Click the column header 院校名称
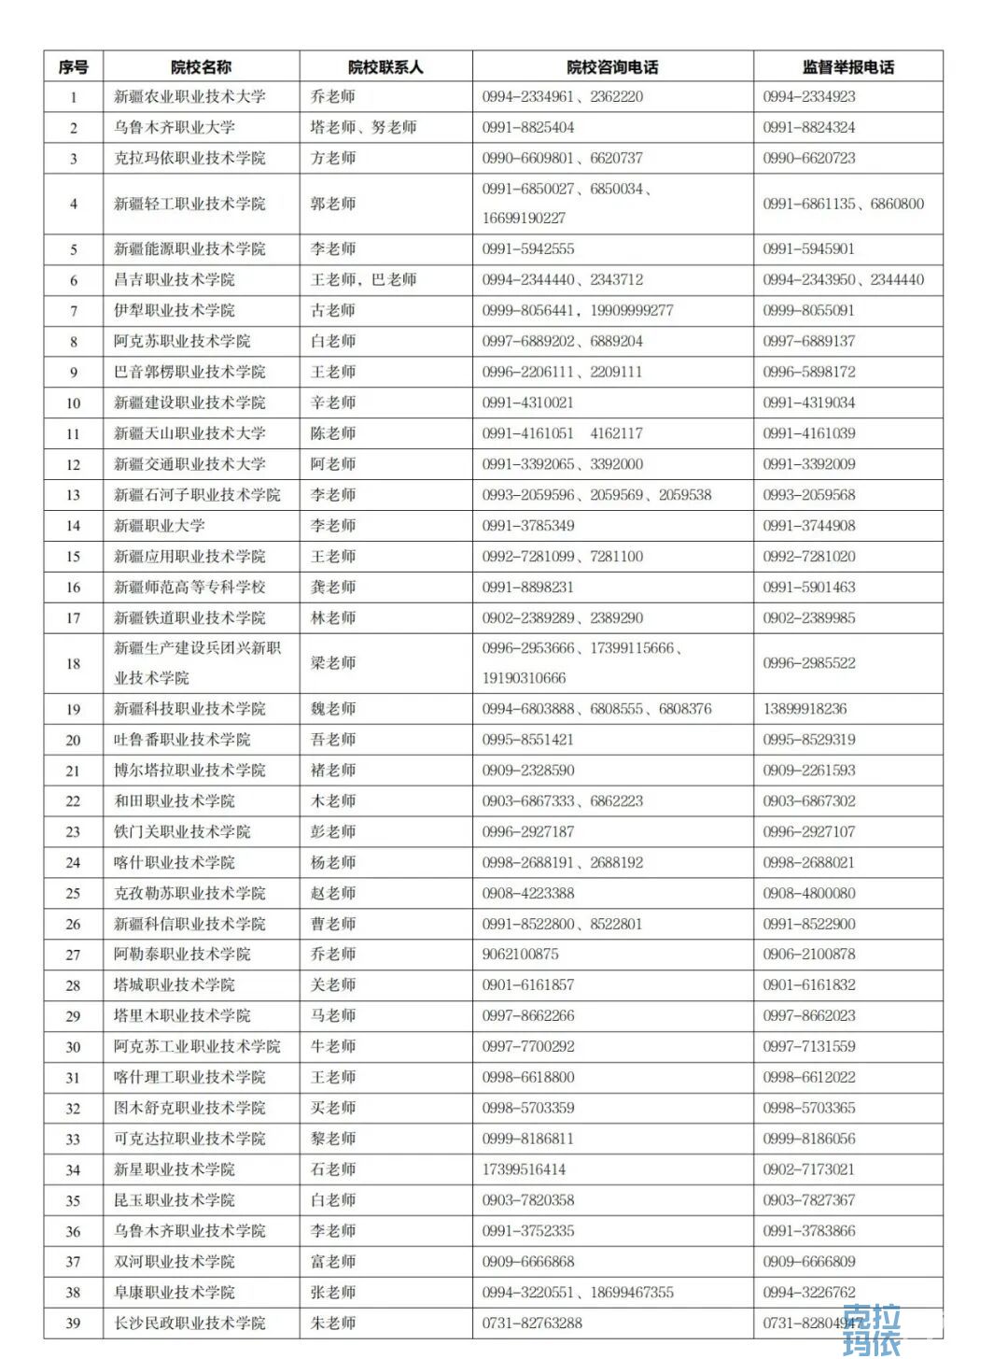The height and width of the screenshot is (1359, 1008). tap(201, 66)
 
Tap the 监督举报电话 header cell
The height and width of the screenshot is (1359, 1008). tap(847, 66)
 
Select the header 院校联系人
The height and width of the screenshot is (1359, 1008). tap(385, 66)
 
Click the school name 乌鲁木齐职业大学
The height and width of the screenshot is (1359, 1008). tap(175, 127)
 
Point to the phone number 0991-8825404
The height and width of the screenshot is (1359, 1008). tap(528, 127)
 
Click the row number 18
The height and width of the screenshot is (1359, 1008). tap(73, 663)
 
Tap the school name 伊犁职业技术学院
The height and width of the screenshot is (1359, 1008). tap(175, 310)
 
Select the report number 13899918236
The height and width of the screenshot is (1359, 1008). tap(805, 709)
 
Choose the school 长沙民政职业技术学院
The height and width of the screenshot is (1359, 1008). tap(189, 1324)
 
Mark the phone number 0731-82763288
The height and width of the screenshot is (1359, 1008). tap(532, 1324)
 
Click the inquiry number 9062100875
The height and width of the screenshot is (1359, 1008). tap(521, 955)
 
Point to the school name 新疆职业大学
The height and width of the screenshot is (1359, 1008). tap(160, 526)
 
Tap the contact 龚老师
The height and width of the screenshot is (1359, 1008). tap(333, 587)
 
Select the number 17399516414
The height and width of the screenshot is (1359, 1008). tap(525, 1169)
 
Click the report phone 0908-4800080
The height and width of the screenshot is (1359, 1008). tap(808, 893)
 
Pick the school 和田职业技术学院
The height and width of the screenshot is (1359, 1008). tap(175, 801)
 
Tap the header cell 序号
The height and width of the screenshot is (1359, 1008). tap(73, 66)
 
